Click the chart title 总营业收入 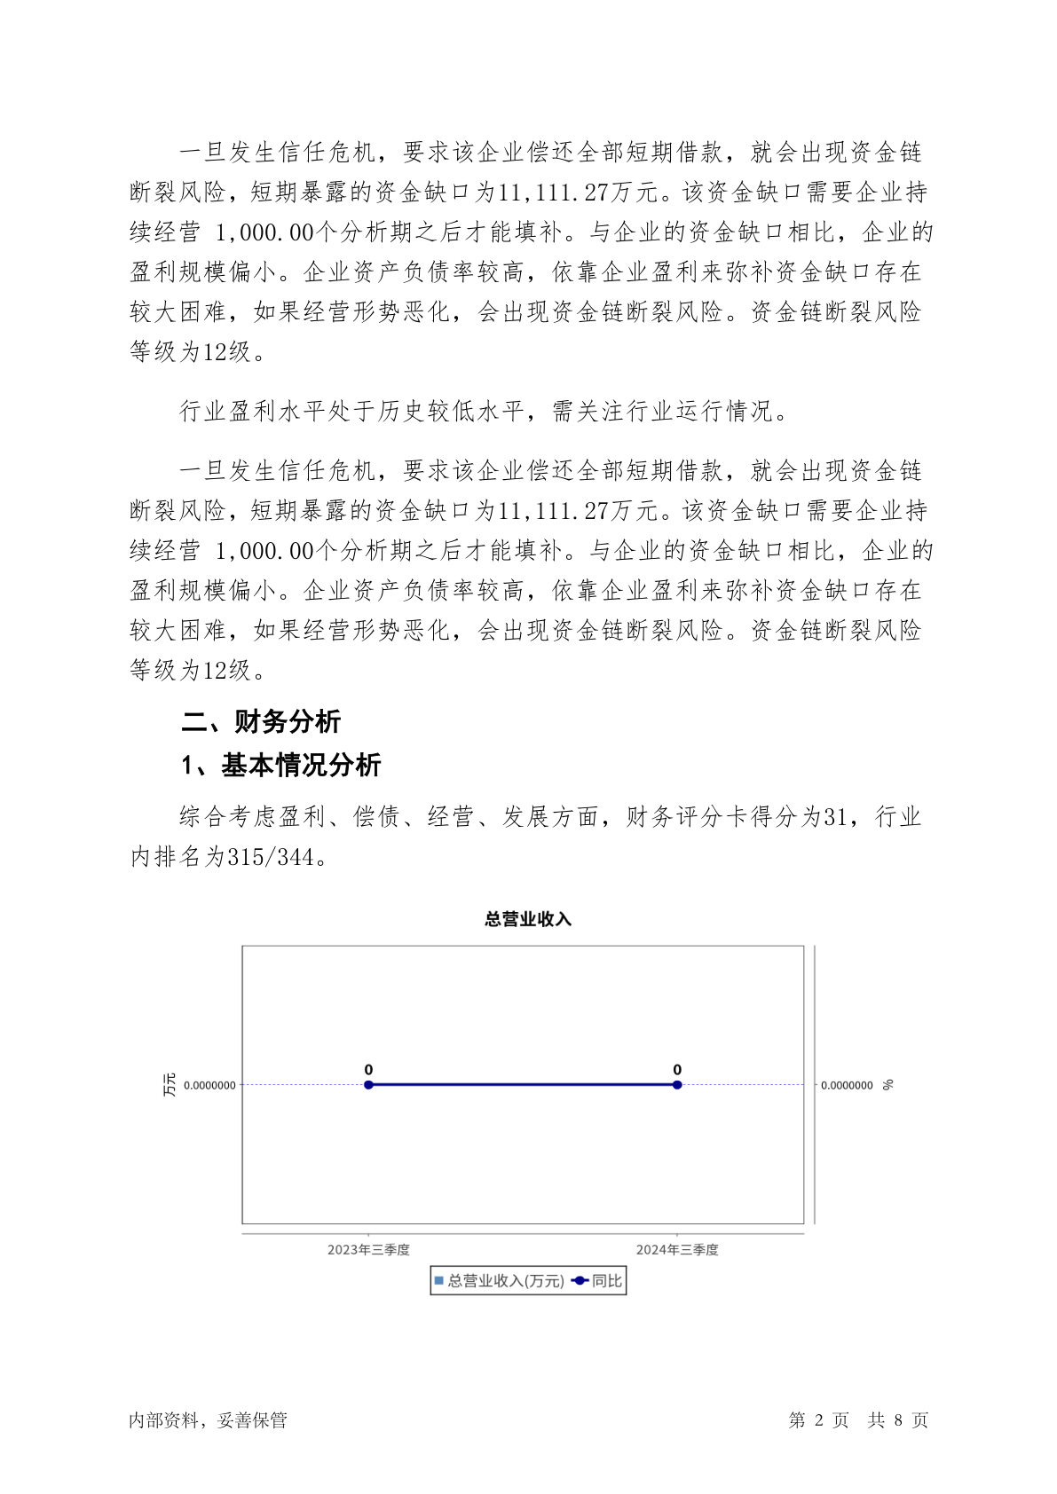[x=527, y=919]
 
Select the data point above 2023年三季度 [x=368, y=1084]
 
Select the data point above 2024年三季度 [x=677, y=1084]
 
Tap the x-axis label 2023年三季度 [x=368, y=1249]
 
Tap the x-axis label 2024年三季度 [x=677, y=1249]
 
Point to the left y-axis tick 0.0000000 [x=209, y=1085]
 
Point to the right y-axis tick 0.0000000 [x=846, y=1085]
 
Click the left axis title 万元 [x=169, y=1084]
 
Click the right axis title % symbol [x=887, y=1084]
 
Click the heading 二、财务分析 [x=261, y=721]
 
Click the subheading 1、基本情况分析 [x=281, y=765]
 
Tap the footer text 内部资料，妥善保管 [x=208, y=1420]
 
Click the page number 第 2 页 [x=818, y=1420]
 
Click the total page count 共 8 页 [x=897, y=1420]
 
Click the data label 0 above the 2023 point [x=368, y=1070]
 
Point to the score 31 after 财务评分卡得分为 [x=836, y=816]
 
